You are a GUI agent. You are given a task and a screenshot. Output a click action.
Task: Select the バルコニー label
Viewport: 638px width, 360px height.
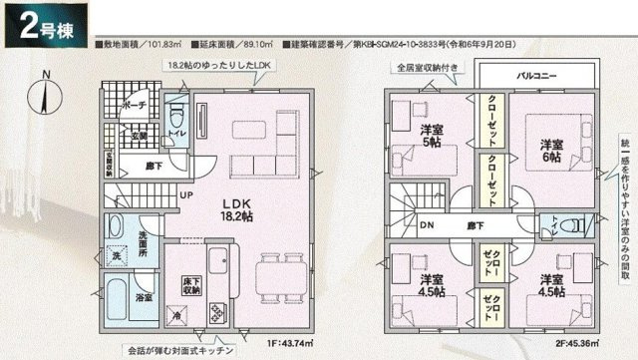coord(537,76)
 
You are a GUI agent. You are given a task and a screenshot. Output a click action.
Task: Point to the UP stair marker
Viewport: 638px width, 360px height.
coord(186,195)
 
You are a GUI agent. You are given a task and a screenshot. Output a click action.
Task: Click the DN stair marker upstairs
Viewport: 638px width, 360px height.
coord(427,227)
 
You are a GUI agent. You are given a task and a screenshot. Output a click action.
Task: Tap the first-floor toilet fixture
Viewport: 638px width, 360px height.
coord(176,117)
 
